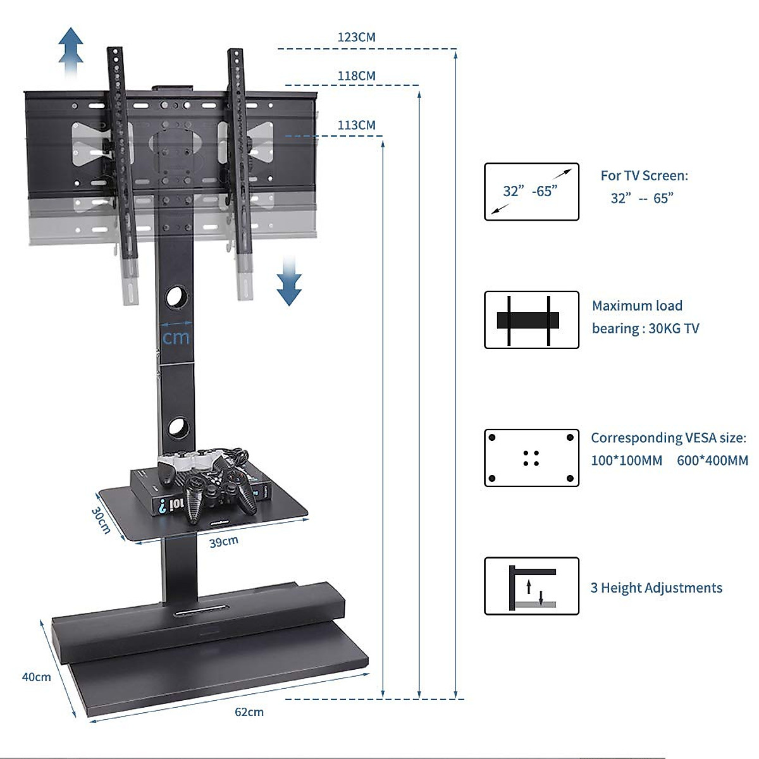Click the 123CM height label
click(356, 37)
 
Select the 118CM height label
click(356, 76)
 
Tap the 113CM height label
click(356, 125)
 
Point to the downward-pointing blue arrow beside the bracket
click(289, 281)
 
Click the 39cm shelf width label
click(224, 542)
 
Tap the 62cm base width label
click(249, 712)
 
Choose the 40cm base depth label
click(37, 677)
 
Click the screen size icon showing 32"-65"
click(531, 192)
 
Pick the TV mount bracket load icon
click(531, 320)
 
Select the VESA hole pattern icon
click(531, 458)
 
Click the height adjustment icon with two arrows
click(531, 586)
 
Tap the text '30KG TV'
click(674, 328)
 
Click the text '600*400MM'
click(712, 460)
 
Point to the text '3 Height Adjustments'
click(656, 588)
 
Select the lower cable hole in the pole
click(178, 428)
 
